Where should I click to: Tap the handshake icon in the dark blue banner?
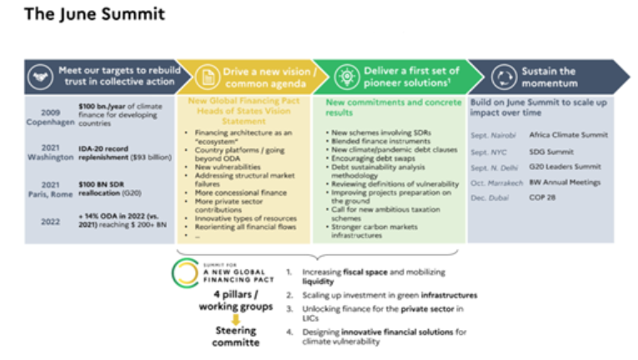tap(38, 77)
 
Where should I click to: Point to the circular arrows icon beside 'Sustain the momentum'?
tap(502, 77)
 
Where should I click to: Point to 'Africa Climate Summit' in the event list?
tap(568, 134)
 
